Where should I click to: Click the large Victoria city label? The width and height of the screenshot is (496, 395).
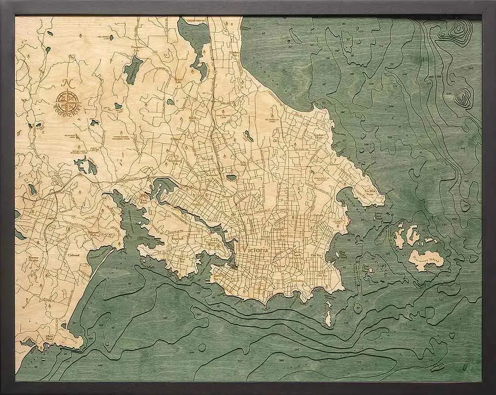tap(255, 250)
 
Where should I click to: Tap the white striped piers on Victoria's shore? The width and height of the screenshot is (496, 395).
tap(207, 280)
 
